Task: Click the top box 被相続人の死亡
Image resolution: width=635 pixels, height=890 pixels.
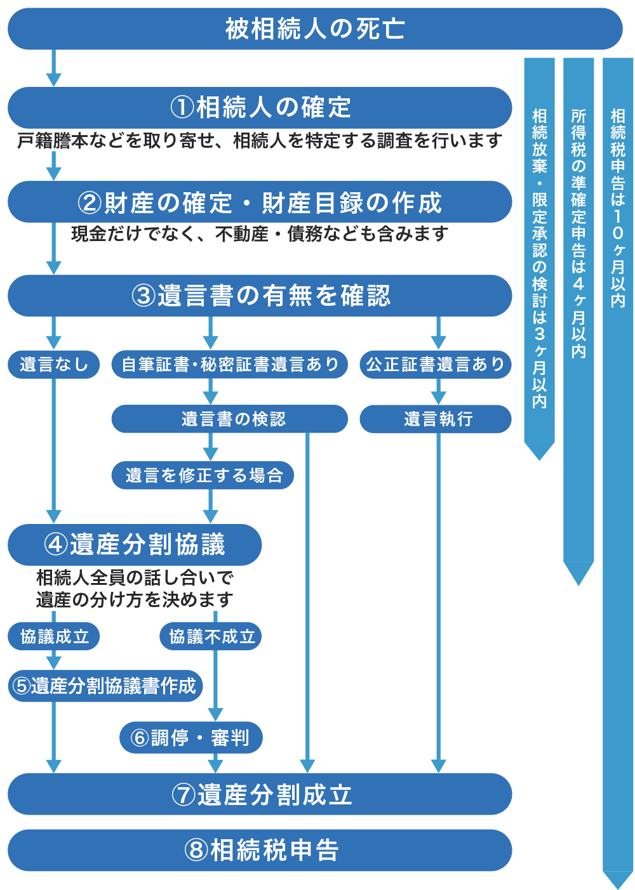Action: [x=314, y=29]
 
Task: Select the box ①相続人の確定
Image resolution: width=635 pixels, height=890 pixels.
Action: [x=260, y=107]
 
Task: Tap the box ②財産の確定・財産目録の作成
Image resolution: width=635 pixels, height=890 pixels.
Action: [x=260, y=202]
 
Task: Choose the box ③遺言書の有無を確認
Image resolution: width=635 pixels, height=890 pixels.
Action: [x=260, y=296]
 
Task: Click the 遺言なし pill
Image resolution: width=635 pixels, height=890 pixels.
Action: [x=54, y=365]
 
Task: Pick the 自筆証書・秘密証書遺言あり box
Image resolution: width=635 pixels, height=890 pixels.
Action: [x=229, y=365]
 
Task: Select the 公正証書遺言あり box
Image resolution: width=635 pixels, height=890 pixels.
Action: [x=436, y=365]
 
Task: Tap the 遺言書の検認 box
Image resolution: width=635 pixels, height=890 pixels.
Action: [x=229, y=419]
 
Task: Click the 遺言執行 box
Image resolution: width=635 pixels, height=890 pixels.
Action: [x=436, y=419]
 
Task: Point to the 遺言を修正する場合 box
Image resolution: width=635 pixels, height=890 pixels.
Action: [x=203, y=475]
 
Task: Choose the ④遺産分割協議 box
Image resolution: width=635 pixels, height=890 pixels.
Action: [x=135, y=544]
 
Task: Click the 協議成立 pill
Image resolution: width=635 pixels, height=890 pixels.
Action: [x=54, y=636]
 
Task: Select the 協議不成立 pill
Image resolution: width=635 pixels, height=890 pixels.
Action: [x=211, y=636]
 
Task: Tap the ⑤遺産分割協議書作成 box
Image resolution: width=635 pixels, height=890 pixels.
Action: [x=105, y=686]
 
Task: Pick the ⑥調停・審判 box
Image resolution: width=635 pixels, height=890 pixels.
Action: [x=190, y=737]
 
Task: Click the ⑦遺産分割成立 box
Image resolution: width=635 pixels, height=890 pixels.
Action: [x=260, y=794]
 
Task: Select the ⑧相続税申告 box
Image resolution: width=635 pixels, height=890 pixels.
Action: [x=260, y=850]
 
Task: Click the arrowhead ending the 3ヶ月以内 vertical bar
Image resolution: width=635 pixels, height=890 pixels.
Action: [x=539, y=450]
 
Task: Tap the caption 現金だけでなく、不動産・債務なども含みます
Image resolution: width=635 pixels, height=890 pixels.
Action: [x=260, y=234]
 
